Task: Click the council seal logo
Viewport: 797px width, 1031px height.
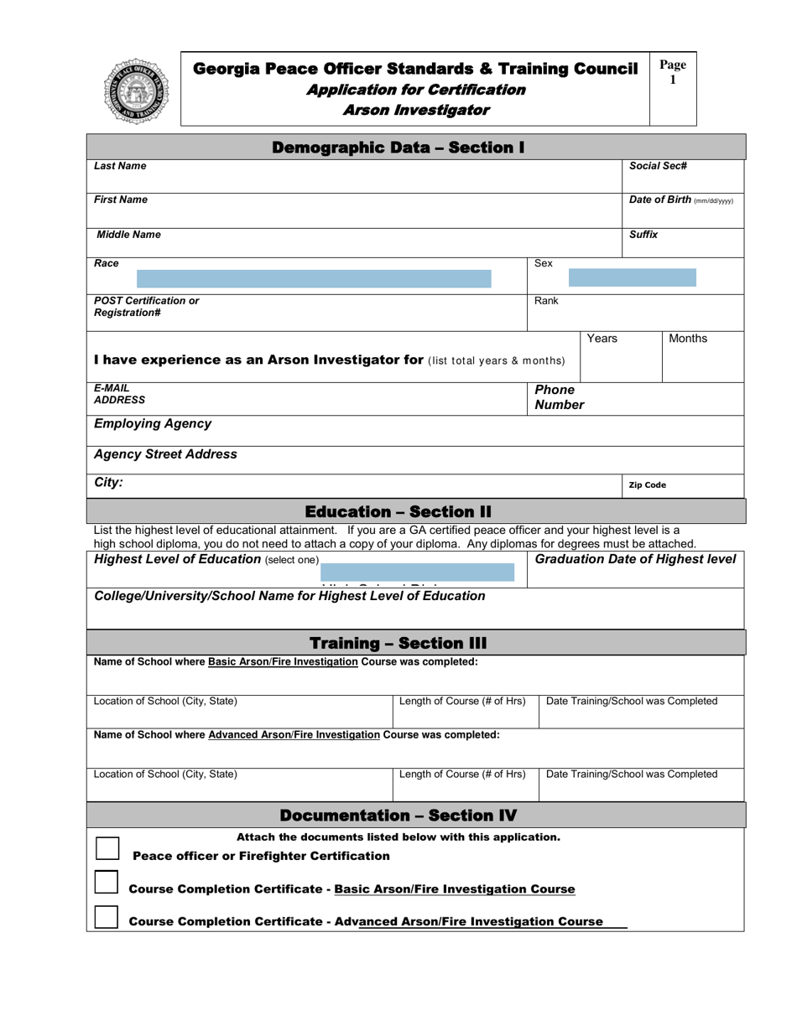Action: [135, 91]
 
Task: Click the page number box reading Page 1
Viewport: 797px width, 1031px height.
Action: [673, 73]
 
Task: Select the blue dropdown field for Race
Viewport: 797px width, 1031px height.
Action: [314, 279]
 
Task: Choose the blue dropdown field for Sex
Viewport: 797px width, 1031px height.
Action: [632, 277]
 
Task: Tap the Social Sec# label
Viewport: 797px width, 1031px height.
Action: [659, 166]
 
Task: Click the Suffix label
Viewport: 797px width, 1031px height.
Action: [643, 235]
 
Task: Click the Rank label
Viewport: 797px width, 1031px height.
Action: [546, 300]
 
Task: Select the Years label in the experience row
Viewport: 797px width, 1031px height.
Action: [602, 339]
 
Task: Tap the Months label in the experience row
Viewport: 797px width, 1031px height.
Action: [687, 339]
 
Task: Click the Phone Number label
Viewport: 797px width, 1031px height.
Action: [559, 398]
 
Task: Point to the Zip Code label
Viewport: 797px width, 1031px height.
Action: [647, 485]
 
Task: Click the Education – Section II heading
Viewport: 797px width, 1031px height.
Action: [398, 512]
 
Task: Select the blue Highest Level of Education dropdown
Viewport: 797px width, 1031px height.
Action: [417, 572]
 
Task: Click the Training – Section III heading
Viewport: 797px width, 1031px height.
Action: [398, 644]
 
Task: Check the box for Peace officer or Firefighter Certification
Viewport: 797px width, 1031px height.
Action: [107, 848]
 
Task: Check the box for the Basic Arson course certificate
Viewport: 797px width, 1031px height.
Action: [107, 883]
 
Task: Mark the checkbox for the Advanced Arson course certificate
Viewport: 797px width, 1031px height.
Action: [107, 917]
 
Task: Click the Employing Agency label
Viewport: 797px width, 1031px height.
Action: [153, 424]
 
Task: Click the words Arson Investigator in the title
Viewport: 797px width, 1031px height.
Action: [416, 110]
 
